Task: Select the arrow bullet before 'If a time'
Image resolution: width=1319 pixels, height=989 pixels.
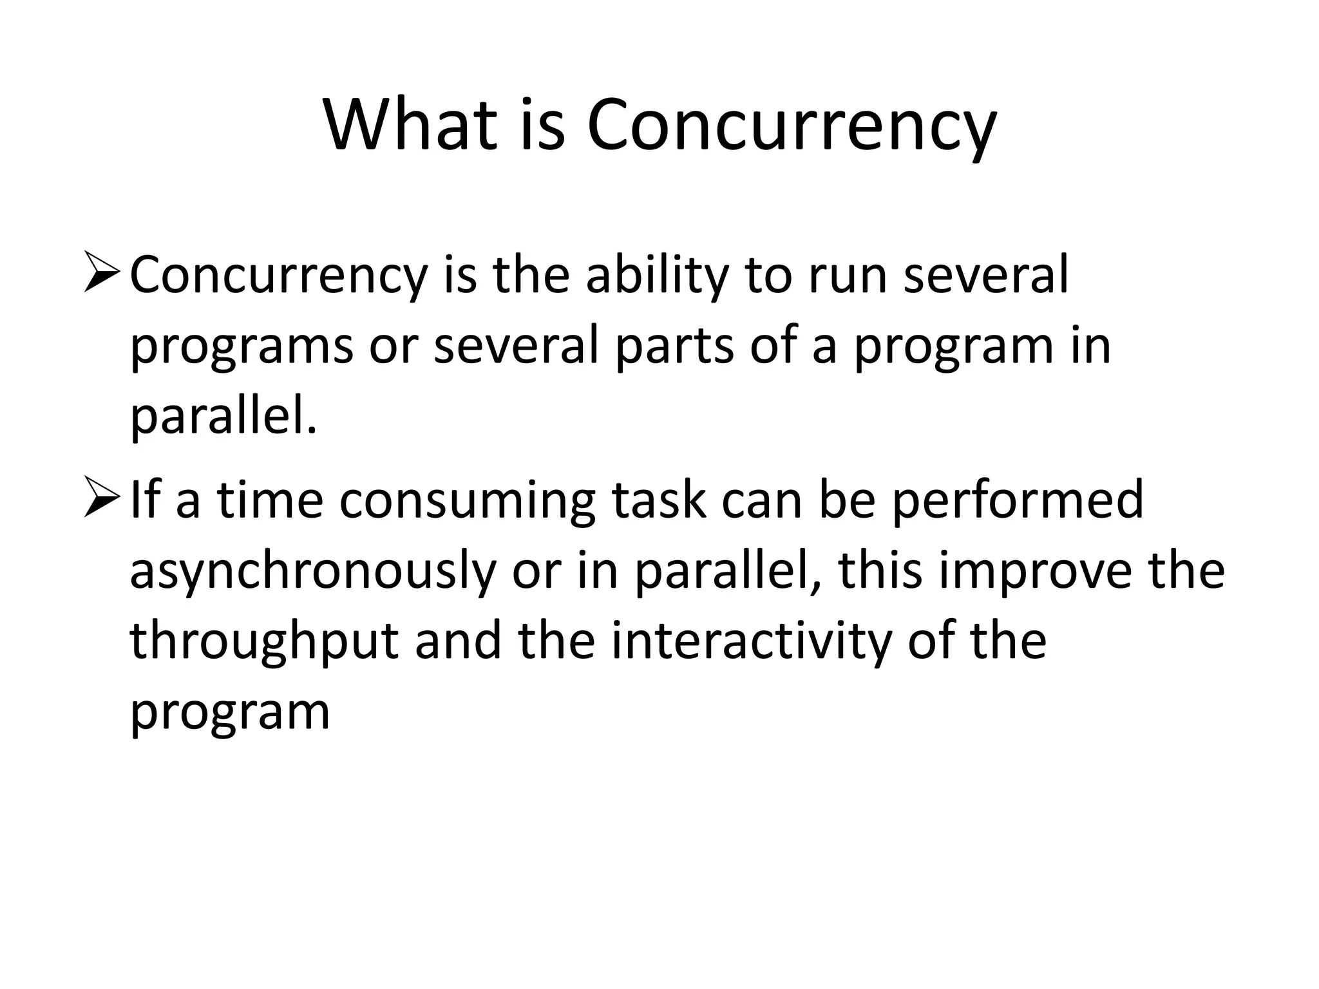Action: coord(102,500)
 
